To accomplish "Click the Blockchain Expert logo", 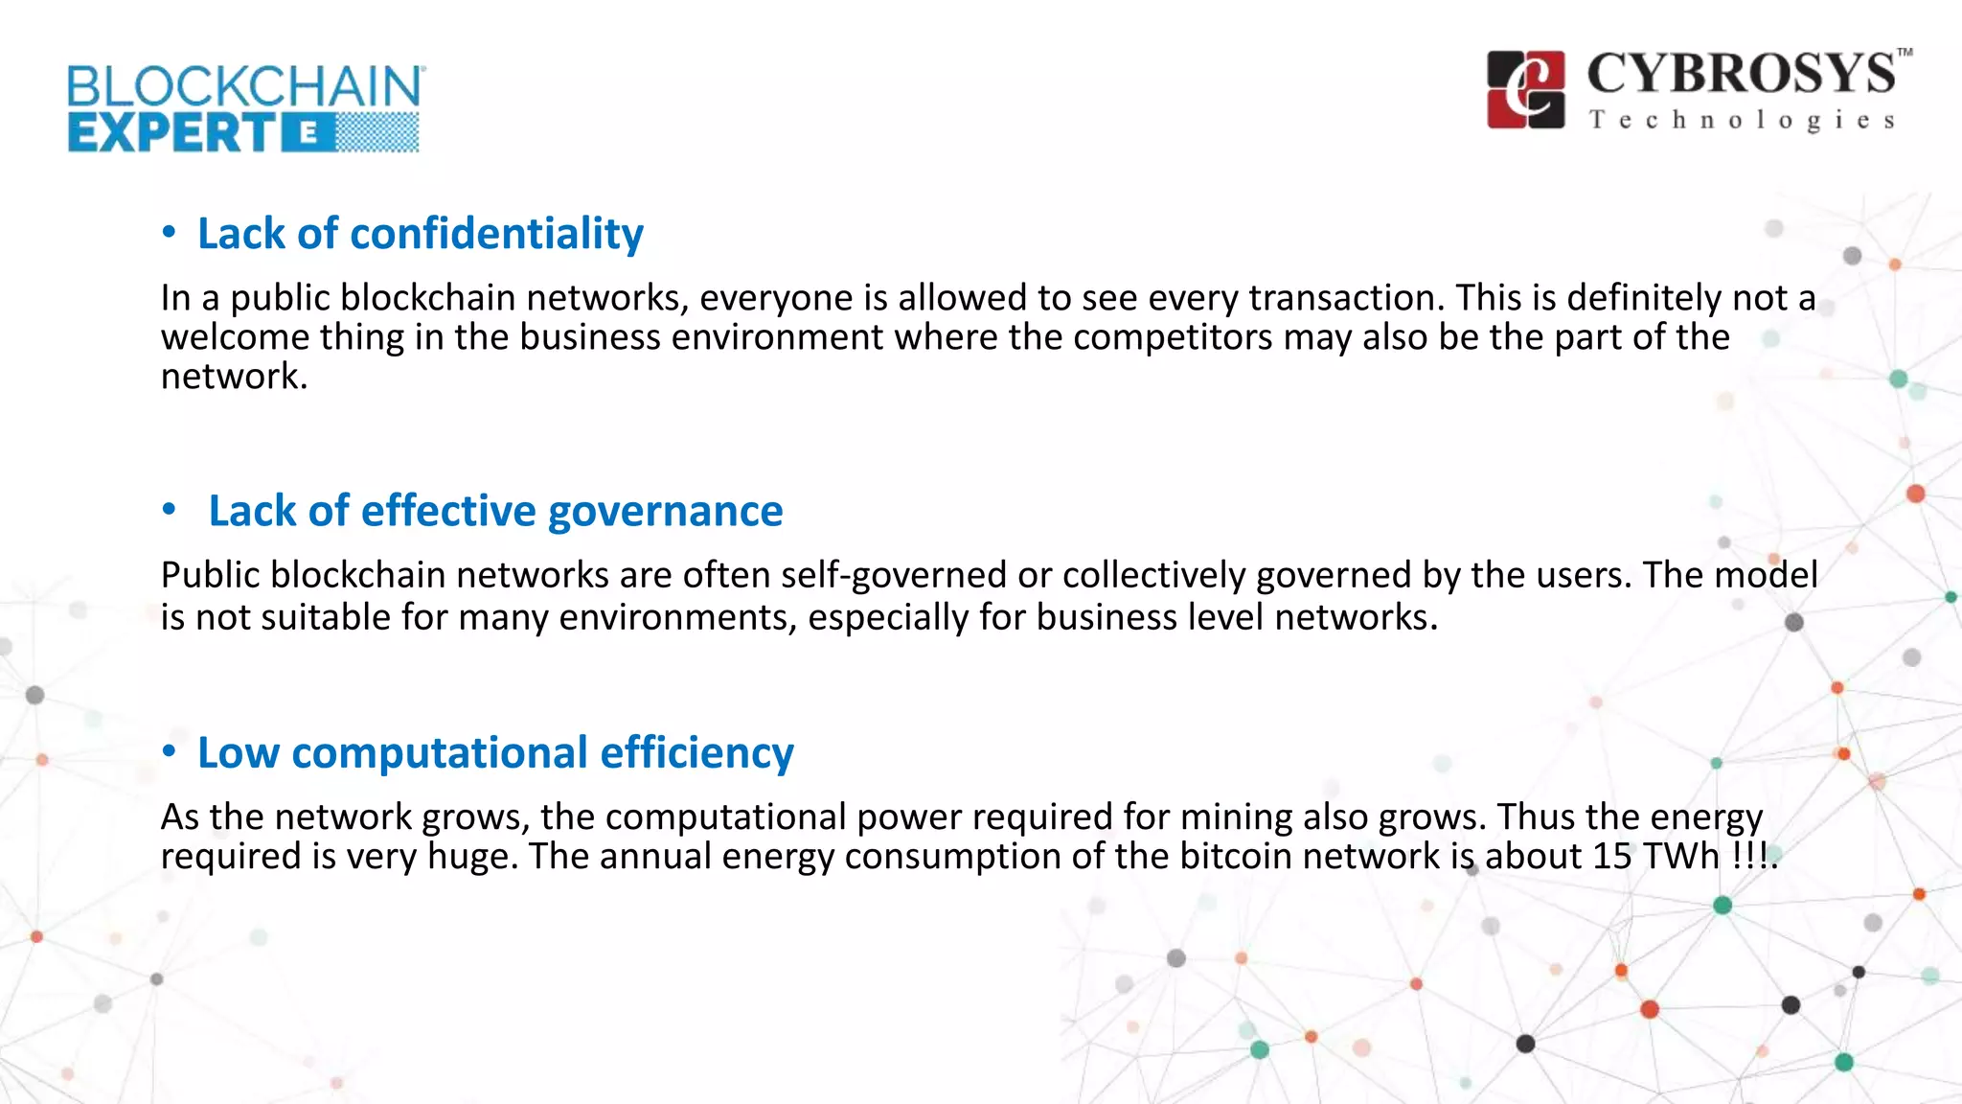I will (x=244, y=108).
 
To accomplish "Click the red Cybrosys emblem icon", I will (x=1525, y=89).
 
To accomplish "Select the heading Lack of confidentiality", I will (x=420, y=233).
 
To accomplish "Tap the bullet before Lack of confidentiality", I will (x=169, y=232).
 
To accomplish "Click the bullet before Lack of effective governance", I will (x=169, y=510).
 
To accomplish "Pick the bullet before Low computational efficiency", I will (x=169, y=751).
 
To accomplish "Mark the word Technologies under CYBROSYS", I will (x=1742, y=121).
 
